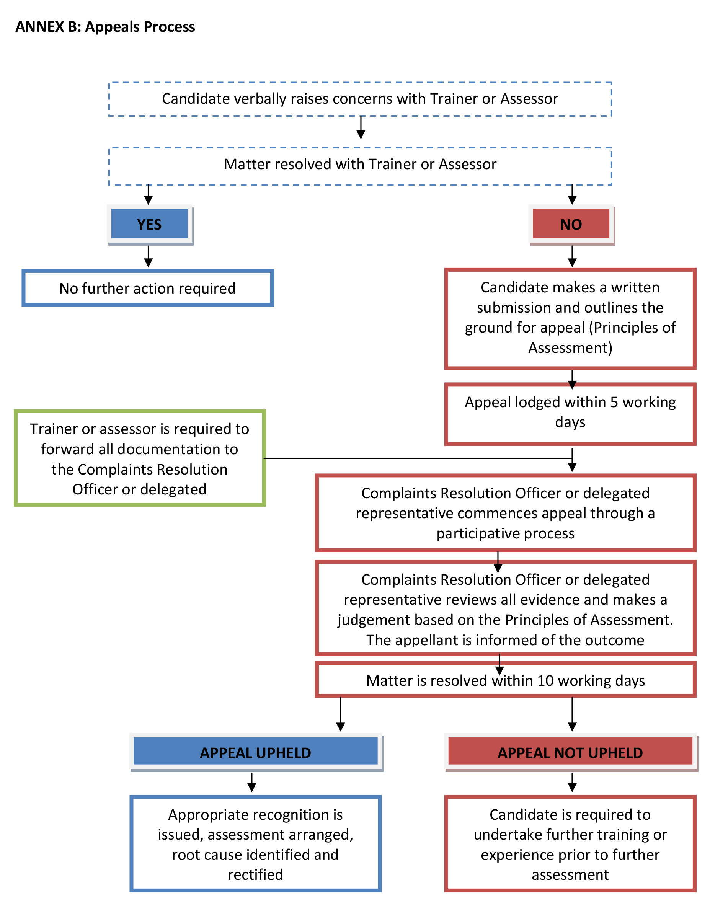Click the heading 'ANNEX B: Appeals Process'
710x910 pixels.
point(105,27)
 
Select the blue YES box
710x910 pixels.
point(149,224)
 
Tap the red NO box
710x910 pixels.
point(570,224)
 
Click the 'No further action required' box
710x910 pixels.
point(147,288)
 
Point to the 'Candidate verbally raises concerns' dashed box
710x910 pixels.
point(360,99)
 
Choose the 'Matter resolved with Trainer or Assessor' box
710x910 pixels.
point(360,165)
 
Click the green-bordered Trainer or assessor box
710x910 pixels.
point(140,458)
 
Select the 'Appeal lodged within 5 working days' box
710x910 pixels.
point(570,413)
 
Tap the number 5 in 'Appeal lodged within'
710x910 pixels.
point(614,402)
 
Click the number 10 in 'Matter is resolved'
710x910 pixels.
point(545,680)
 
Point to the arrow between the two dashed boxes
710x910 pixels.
point(361,127)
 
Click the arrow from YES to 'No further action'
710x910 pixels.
point(149,256)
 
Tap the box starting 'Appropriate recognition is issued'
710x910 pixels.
point(255,844)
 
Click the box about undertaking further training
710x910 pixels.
point(570,844)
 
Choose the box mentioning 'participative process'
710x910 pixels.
point(505,513)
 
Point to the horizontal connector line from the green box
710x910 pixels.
point(417,458)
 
